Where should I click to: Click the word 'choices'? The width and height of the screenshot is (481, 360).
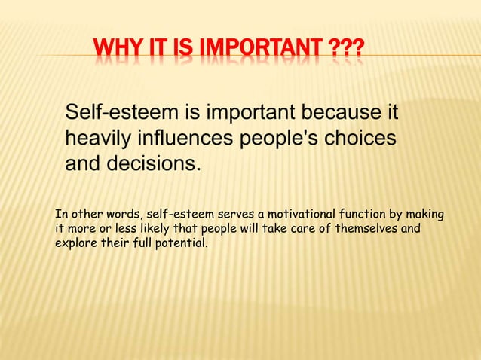tap(364, 139)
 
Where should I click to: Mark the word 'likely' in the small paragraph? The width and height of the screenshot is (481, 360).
tap(149, 230)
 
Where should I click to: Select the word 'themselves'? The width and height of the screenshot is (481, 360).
tap(369, 230)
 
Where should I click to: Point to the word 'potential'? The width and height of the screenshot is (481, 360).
tap(180, 244)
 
